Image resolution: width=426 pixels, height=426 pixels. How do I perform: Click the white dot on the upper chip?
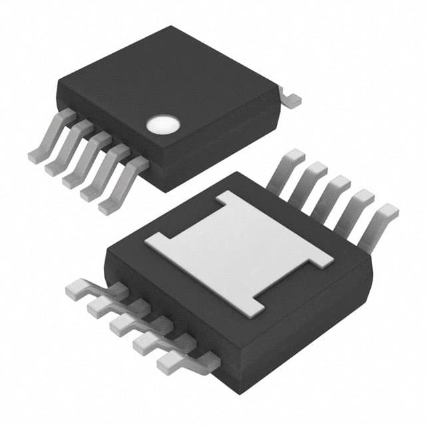click(163, 123)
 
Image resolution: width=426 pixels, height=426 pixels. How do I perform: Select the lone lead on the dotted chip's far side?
click(290, 99)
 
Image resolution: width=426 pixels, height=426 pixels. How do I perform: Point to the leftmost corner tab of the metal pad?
click(154, 241)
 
